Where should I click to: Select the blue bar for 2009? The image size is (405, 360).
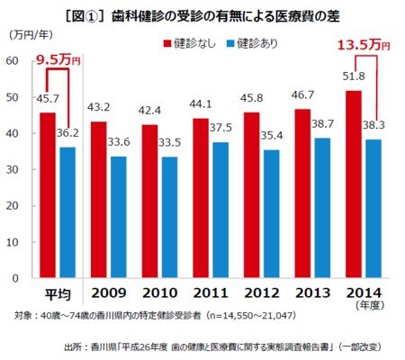[119, 217]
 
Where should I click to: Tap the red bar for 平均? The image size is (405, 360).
[48, 195]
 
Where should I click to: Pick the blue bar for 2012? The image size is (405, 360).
[271, 213]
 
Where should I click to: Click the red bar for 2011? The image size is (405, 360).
[201, 198]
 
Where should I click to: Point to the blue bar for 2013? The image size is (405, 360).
[322, 208]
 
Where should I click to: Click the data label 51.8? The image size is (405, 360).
[354, 76]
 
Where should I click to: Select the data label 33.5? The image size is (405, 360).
[170, 142]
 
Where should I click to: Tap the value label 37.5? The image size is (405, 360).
[220, 128]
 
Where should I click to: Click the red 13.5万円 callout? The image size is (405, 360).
[364, 45]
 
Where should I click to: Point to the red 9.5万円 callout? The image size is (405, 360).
[58, 60]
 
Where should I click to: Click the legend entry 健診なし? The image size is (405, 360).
[190, 43]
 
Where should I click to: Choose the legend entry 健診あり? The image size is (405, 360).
[252, 43]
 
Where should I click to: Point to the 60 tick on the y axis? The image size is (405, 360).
[13, 60]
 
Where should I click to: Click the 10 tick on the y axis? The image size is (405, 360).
[13, 242]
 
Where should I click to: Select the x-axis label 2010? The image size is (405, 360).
[160, 292]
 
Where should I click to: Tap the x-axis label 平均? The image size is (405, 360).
[58, 294]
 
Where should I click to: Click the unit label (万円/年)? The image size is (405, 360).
[31, 35]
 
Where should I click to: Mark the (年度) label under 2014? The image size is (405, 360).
[370, 305]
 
